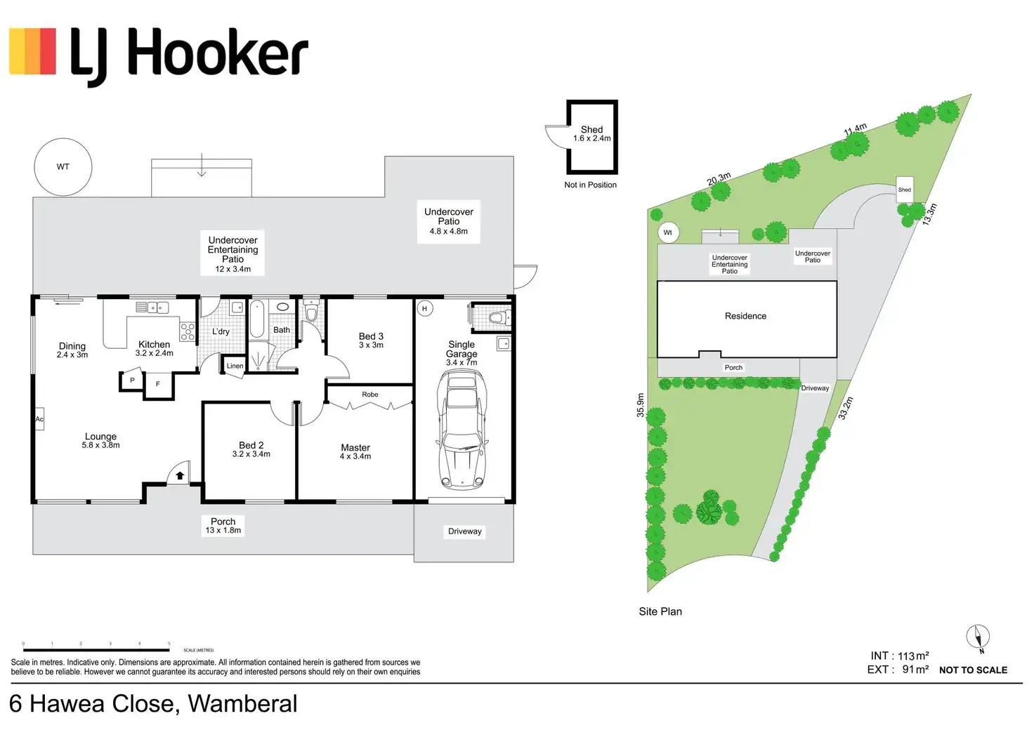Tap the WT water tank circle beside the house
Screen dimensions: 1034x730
(63, 167)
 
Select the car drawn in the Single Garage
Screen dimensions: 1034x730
(462, 430)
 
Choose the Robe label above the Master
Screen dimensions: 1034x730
(370, 394)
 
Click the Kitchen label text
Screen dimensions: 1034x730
(154, 345)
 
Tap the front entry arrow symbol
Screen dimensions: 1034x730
(180, 475)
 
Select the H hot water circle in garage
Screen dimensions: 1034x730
(424, 309)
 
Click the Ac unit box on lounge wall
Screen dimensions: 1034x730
(39, 419)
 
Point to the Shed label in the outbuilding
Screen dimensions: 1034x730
(592, 130)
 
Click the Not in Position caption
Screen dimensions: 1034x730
(590, 185)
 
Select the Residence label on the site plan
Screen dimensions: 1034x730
(745, 317)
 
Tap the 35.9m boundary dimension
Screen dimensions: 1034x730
(641, 405)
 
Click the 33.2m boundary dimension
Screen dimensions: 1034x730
(846, 409)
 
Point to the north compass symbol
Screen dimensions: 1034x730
(978, 637)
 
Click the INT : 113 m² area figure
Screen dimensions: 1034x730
(899, 656)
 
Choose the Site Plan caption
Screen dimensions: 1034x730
(660, 611)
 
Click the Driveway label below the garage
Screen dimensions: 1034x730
(465, 531)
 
